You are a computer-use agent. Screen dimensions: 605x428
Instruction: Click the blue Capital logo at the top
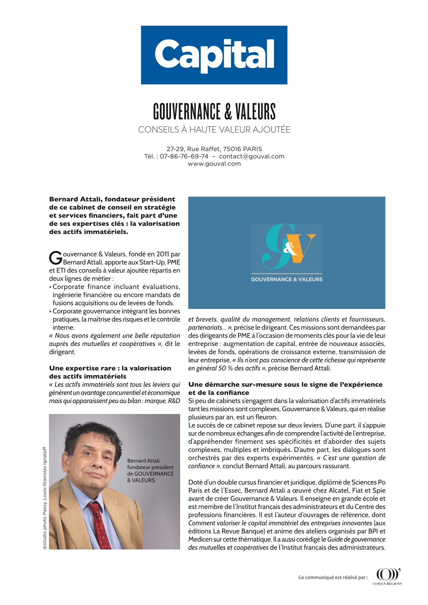tap(214, 55)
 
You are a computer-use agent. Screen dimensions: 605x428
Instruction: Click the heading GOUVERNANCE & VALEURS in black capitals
tap(214, 112)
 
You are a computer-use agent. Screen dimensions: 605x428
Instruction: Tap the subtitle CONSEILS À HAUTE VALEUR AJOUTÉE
tap(214, 130)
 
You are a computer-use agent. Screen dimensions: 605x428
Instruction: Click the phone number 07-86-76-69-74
tap(184, 156)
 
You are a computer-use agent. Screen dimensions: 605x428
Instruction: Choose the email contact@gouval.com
tap(252, 156)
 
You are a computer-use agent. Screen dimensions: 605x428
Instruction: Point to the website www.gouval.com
tap(214, 164)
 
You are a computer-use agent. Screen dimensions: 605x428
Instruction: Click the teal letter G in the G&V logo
tap(274, 248)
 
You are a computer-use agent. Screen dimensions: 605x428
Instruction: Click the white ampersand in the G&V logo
tap(289, 249)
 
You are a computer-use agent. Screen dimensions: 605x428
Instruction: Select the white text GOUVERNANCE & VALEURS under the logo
tap(286, 279)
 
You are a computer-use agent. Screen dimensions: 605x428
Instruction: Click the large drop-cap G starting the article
tap(56, 258)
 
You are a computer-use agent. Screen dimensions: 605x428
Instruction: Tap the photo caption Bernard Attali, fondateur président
tap(150, 464)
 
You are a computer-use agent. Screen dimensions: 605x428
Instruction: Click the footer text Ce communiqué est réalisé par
tap(333, 577)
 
